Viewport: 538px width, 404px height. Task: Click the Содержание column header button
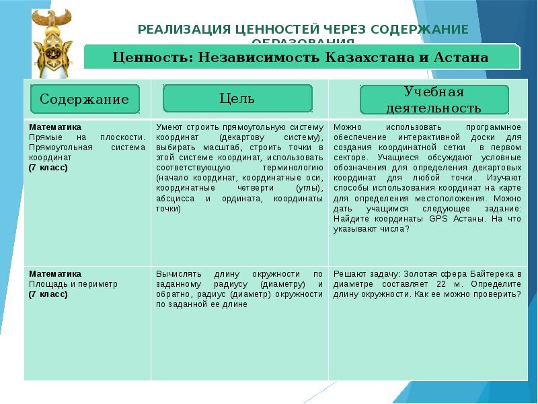pyautogui.click(x=84, y=99)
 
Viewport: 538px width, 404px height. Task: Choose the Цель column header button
pyautogui.click(x=237, y=98)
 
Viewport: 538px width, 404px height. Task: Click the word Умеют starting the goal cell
pyautogui.click(x=169, y=127)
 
